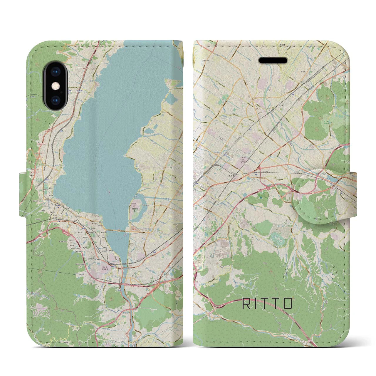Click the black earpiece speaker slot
click(273, 61)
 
